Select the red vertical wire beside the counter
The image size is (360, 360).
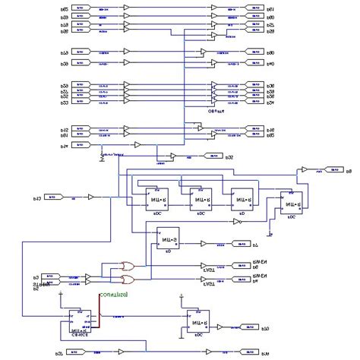(99, 312)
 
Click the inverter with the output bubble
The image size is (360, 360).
(238, 221)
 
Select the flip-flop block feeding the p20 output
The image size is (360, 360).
(199, 321)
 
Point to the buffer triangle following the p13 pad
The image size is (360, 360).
(90, 197)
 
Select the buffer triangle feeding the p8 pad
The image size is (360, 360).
(304, 171)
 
